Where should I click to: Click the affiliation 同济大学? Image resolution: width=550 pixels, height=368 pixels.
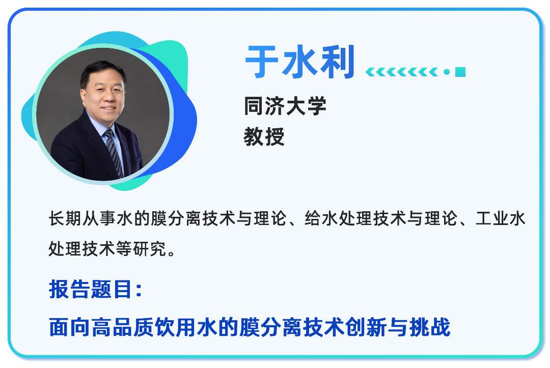tap(285, 106)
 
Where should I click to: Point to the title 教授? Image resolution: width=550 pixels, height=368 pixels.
tap(264, 136)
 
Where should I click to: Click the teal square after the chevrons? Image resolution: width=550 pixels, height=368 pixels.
tap(460, 72)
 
